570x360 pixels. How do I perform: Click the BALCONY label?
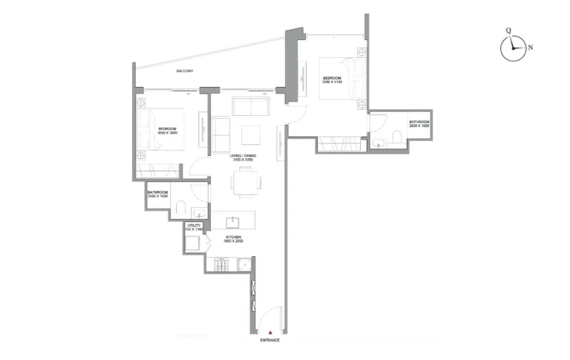click(x=185, y=71)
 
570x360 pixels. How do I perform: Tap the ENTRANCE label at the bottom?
click(x=269, y=340)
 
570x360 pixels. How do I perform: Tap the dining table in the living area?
click(x=245, y=182)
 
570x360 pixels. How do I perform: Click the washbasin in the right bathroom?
click(x=377, y=143)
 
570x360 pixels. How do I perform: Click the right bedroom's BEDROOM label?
click(x=332, y=79)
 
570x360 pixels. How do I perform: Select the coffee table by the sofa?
click(x=251, y=134)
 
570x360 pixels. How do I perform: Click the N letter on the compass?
click(x=530, y=47)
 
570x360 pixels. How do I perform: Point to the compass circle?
click(x=513, y=48)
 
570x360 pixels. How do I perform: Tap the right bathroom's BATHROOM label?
click(x=419, y=123)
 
